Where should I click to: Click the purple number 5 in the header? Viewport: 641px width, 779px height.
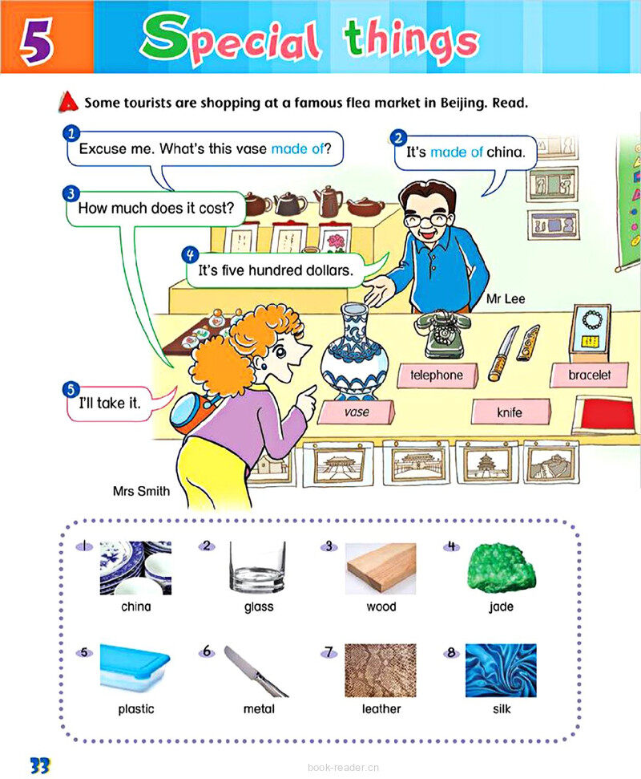click(x=36, y=41)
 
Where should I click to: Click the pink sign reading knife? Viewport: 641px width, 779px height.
click(x=510, y=412)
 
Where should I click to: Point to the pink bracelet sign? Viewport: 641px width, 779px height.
click(x=589, y=375)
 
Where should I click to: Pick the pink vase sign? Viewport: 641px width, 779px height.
click(x=357, y=412)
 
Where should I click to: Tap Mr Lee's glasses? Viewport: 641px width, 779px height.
click(x=430, y=219)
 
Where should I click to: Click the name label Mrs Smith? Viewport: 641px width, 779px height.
click(x=141, y=491)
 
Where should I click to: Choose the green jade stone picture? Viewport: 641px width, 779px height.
click(x=501, y=568)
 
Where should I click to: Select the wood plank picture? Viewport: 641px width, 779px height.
click(x=381, y=568)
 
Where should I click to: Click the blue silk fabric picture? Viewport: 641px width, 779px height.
click(x=501, y=671)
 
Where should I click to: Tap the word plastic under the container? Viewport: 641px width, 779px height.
click(x=136, y=709)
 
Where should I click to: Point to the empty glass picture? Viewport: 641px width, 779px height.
click(x=257, y=567)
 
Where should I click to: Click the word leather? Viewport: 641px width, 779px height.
click(x=381, y=709)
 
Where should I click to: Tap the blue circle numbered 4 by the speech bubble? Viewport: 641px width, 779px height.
click(x=190, y=254)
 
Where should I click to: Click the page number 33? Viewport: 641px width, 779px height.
click(x=40, y=765)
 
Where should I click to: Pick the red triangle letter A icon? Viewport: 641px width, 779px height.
click(x=68, y=102)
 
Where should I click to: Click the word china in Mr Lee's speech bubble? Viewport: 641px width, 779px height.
click(x=505, y=152)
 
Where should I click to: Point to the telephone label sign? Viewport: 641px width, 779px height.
click(x=437, y=375)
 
